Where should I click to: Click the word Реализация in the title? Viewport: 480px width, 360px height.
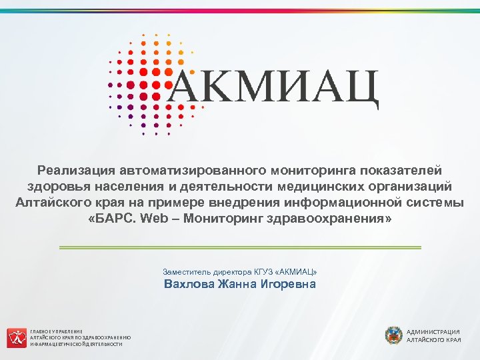click(75, 172)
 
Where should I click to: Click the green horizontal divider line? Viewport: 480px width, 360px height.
click(240, 247)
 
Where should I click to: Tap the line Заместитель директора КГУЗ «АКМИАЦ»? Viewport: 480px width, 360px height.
click(240, 272)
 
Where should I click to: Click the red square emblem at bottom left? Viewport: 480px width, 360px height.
click(16, 337)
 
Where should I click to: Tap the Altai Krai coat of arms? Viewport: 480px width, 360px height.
click(393, 335)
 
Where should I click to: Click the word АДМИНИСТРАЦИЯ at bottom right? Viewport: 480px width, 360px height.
click(433, 331)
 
